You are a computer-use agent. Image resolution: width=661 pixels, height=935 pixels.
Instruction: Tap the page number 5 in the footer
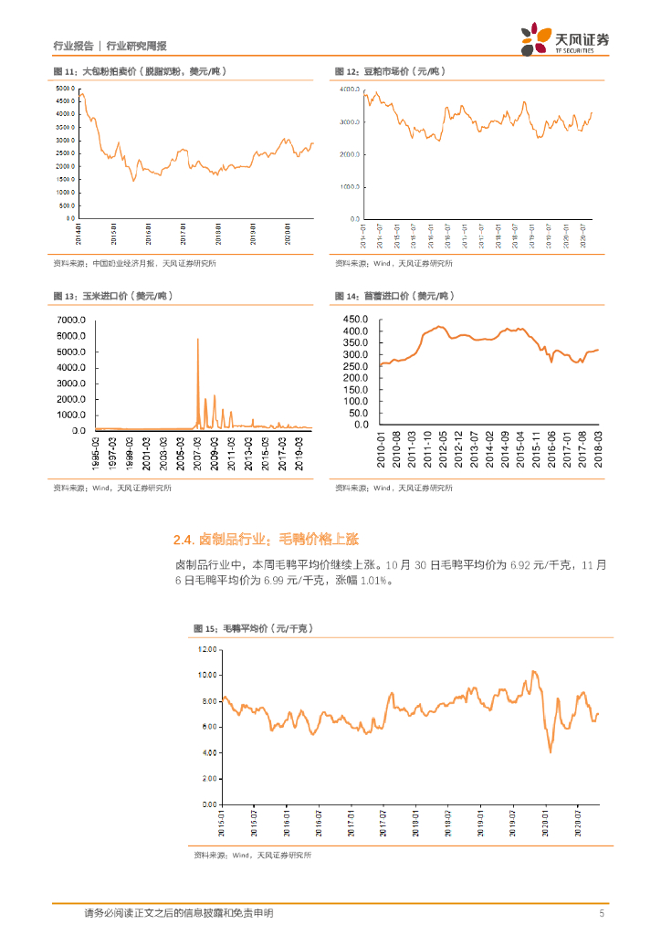(x=601, y=913)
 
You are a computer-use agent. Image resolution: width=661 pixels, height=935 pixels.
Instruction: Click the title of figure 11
(x=139, y=71)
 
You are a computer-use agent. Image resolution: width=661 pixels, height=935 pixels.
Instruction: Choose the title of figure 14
(x=393, y=297)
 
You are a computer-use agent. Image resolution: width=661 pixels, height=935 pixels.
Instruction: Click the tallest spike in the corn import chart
(x=198, y=340)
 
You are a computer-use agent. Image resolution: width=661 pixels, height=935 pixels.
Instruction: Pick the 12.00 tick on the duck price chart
(x=208, y=650)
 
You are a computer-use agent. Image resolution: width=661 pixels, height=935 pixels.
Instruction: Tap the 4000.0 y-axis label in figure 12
(x=351, y=89)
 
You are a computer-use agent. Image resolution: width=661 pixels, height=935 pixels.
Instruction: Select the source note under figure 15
(x=252, y=856)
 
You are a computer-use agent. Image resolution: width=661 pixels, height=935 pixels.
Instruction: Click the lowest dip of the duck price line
(x=551, y=751)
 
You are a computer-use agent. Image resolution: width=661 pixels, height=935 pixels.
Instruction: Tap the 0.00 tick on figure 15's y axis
(x=210, y=806)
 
